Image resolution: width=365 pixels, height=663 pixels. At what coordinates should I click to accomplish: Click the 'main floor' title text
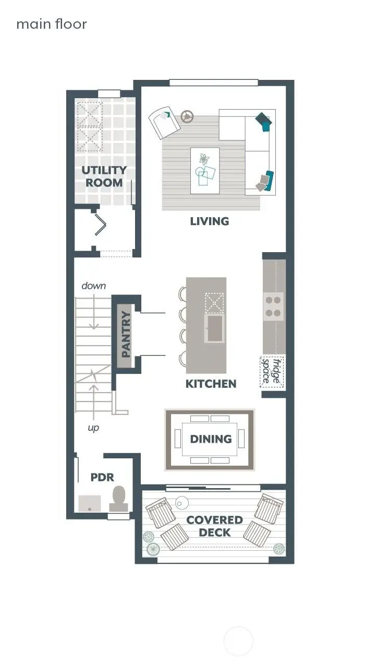tap(51, 24)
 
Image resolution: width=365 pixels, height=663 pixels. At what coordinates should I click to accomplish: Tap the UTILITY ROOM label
tap(104, 176)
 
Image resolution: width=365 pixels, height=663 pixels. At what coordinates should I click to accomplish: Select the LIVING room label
tap(209, 221)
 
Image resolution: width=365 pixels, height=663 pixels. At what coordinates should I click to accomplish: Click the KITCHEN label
tap(211, 384)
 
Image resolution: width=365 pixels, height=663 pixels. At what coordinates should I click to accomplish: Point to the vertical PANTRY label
tap(126, 334)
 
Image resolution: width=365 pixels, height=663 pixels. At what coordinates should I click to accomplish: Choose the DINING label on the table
tap(210, 439)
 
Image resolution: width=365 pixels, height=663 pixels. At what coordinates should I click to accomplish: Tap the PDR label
tap(102, 477)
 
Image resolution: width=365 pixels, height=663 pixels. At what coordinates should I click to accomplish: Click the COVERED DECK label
tap(214, 526)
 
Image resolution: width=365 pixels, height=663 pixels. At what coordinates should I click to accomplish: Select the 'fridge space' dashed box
tap(272, 372)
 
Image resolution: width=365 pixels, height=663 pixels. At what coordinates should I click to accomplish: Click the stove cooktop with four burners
tap(273, 307)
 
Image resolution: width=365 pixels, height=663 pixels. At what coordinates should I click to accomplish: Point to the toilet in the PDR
tap(119, 499)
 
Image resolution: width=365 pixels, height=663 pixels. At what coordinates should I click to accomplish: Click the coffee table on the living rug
tap(204, 170)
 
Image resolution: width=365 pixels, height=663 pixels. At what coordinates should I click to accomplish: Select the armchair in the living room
tap(164, 123)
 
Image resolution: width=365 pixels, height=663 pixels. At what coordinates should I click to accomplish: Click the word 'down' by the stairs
tap(93, 286)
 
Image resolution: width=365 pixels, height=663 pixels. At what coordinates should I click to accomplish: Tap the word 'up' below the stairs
tap(93, 428)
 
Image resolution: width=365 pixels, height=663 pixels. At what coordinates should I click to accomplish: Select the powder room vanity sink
tap(90, 503)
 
